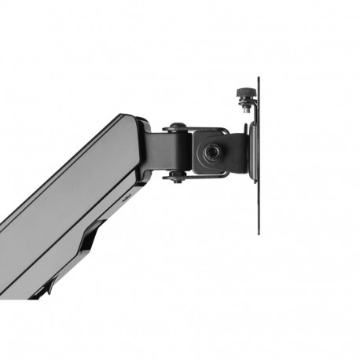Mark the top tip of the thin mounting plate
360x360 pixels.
258,79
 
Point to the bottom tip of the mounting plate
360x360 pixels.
258,233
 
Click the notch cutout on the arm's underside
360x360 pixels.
95,235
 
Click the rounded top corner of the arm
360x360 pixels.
126,118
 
